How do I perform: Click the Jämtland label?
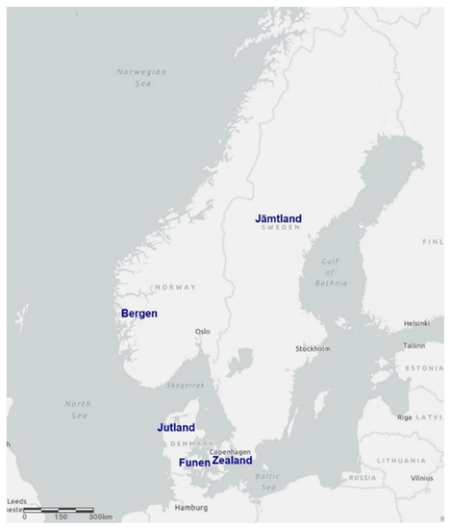tap(278, 218)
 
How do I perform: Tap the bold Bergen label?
tap(139, 314)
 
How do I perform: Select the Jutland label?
tap(176, 427)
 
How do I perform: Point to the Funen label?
tap(194, 463)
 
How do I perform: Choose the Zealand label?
tap(232, 461)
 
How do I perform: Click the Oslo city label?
tap(203, 332)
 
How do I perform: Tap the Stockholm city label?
tap(313, 348)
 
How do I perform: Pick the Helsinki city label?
tap(416, 323)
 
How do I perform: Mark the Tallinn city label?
tap(414, 344)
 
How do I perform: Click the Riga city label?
tap(404, 417)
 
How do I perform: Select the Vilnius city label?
tap(422, 478)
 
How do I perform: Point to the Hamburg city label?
tap(190, 507)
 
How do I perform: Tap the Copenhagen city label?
tap(231, 451)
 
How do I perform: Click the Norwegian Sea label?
tap(141, 78)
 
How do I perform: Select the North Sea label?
tap(78, 410)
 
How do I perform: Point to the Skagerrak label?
tap(187, 385)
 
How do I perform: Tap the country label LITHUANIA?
tap(400, 461)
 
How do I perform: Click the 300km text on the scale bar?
tap(101, 517)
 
